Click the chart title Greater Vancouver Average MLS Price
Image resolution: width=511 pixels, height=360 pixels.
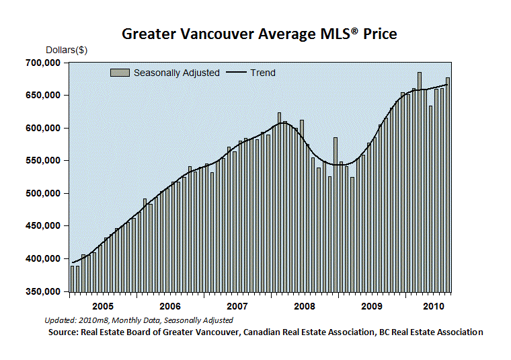[x=260, y=34]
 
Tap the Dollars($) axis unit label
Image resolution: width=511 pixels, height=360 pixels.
[x=67, y=50]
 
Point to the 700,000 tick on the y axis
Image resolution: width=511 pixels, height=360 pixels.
[x=43, y=63]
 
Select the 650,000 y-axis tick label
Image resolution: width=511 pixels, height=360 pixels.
[x=43, y=96]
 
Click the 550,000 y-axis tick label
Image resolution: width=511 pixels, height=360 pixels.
[x=43, y=160]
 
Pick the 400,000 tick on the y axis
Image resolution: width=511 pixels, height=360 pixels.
[x=43, y=258]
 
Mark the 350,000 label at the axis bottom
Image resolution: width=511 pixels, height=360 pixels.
[x=43, y=291]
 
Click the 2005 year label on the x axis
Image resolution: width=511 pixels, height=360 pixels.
[x=103, y=307]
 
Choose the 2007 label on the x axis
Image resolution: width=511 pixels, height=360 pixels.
[x=237, y=307]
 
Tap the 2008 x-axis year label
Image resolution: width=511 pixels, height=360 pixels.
[x=305, y=307]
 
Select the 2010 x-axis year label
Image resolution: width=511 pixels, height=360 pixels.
[x=434, y=307]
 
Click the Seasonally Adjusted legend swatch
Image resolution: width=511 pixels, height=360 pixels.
[x=120, y=73]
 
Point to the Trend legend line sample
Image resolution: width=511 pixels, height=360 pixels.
[x=236, y=73]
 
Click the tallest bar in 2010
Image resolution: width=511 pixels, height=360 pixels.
[x=420, y=182]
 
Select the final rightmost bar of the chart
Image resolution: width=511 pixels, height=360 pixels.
[x=447, y=184]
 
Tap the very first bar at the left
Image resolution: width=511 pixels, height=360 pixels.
[x=73, y=279]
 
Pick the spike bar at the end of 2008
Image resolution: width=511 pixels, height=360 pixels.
[x=336, y=215]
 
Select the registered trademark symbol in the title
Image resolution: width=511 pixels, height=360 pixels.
[x=355, y=31]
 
